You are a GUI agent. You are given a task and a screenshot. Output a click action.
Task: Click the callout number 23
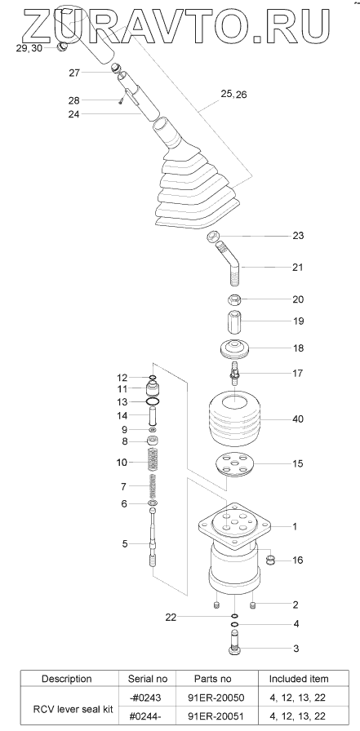(x=298, y=236)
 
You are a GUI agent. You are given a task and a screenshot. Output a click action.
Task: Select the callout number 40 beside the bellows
(x=297, y=419)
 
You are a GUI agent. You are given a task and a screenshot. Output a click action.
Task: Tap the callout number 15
(x=297, y=463)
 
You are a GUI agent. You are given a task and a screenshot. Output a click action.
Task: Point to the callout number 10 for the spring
(x=122, y=463)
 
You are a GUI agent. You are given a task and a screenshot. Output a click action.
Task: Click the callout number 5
(x=125, y=543)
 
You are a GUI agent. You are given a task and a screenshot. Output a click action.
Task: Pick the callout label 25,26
(x=233, y=95)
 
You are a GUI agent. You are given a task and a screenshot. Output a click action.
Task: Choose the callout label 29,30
(x=29, y=48)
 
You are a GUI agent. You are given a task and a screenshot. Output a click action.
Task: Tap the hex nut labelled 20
(x=234, y=299)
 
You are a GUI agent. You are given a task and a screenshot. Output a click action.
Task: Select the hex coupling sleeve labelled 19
(x=233, y=321)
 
